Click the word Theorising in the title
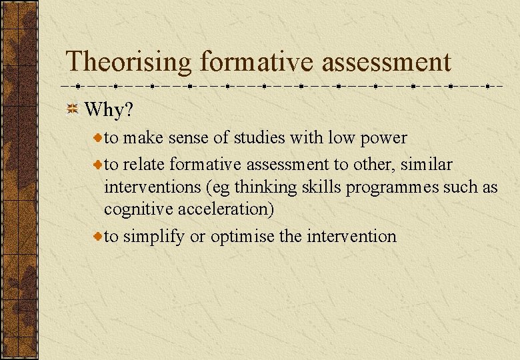(129, 62)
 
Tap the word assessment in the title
(387, 62)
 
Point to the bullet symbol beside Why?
(73, 109)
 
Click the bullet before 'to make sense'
(97, 138)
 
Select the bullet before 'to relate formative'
(97, 163)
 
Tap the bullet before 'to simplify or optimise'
(97, 236)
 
